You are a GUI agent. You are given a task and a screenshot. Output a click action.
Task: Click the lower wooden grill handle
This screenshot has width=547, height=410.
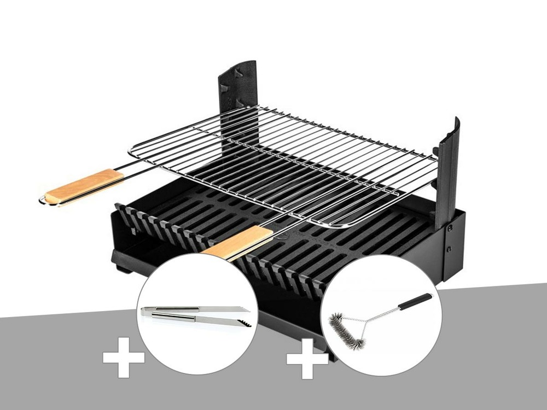tap(239, 242)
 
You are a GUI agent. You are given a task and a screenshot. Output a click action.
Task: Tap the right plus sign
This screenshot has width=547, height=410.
tap(307, 359)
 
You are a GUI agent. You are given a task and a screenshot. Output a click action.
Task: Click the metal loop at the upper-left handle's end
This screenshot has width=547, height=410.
tap(43, 201)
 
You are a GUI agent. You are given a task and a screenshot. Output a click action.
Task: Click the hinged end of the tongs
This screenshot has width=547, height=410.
tap(145, 311)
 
